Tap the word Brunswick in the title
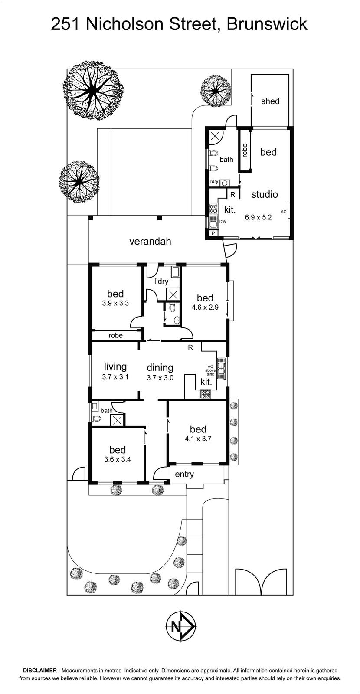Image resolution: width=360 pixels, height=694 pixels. (267, 24)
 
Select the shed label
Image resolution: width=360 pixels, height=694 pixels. (270, 101)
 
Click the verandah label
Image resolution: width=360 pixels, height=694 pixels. (150, 241)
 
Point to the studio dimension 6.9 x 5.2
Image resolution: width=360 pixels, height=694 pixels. (258, 217)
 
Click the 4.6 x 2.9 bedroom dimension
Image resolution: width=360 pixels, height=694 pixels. (205, 308)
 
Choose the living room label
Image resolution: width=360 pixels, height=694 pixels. (115, 367)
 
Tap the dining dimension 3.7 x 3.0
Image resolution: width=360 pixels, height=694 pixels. (160, 378)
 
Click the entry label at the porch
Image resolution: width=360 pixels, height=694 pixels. (184, 474)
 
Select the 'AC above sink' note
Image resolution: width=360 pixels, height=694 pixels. (210, 370)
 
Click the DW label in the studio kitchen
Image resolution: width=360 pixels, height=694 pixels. (223, 222)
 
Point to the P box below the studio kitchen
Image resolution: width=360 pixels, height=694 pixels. (213, 233)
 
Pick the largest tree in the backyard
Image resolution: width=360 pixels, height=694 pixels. (93, 90)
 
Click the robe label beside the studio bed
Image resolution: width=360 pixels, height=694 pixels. (245, 151)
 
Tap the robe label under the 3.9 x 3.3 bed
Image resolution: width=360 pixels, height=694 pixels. (115, 335)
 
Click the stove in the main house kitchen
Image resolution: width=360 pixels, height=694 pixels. (206, 394)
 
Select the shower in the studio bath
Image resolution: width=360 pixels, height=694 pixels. (214, 137)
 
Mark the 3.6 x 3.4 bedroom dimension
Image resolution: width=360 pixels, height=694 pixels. (118, 459)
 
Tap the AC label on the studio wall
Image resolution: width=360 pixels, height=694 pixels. (283, 212)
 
